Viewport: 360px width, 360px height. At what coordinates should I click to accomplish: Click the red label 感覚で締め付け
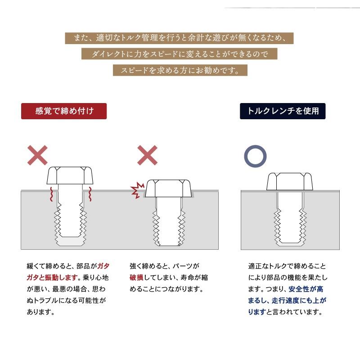point(64,111)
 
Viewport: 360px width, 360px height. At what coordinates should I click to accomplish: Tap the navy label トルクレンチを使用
point(283,111)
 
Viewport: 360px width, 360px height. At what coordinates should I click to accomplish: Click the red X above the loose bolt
point(37,155)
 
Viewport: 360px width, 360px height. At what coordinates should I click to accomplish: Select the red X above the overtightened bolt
point(148,155)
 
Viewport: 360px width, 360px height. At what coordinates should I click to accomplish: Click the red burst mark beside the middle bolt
point(137,190)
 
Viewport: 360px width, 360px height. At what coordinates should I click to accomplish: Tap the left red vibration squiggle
point(52,194)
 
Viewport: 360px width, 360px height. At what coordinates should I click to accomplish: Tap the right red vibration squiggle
point(90,194)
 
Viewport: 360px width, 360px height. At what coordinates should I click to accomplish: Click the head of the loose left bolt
point(70,175)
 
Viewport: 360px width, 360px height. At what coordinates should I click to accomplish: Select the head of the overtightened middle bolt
point(168,188)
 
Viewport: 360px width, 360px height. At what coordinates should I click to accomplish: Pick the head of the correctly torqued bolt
point(289,181)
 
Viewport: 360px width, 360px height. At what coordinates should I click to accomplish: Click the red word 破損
point(136,278)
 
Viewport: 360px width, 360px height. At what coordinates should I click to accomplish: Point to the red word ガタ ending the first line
point(103,266)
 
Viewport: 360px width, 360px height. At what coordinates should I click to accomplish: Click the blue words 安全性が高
point(306,289)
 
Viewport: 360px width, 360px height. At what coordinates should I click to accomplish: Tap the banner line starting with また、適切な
point(179,38)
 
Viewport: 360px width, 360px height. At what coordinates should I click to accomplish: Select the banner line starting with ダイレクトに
point(179,54)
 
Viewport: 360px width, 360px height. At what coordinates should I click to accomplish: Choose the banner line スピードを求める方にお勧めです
point(180,70)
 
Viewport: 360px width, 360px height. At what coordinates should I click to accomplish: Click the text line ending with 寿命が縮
point(169,278)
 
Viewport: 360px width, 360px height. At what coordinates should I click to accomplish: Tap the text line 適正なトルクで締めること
point(287,266)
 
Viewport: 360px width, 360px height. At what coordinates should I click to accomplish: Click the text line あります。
point(41,312)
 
